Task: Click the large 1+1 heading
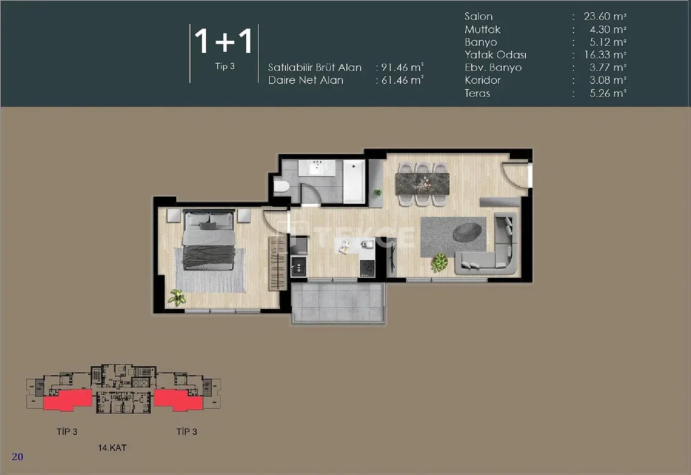pos(224,41)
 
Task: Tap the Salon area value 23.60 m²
pos(604,17)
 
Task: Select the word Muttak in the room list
pos(482,29)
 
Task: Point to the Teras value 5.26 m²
pos(608,93)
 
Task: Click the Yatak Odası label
pos(495,55)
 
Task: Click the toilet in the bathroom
pos(281,186)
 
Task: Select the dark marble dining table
pos(422,183)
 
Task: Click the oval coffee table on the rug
pos(466,232)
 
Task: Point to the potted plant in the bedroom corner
pos(177,298)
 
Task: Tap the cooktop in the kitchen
pos(368,268)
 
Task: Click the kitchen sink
pos(298,266)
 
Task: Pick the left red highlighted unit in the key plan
pos(67,400)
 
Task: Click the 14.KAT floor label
pos(112,448)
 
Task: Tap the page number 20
pos(18,457)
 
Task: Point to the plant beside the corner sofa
pos(440,262)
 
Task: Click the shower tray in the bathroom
pos(354,181)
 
